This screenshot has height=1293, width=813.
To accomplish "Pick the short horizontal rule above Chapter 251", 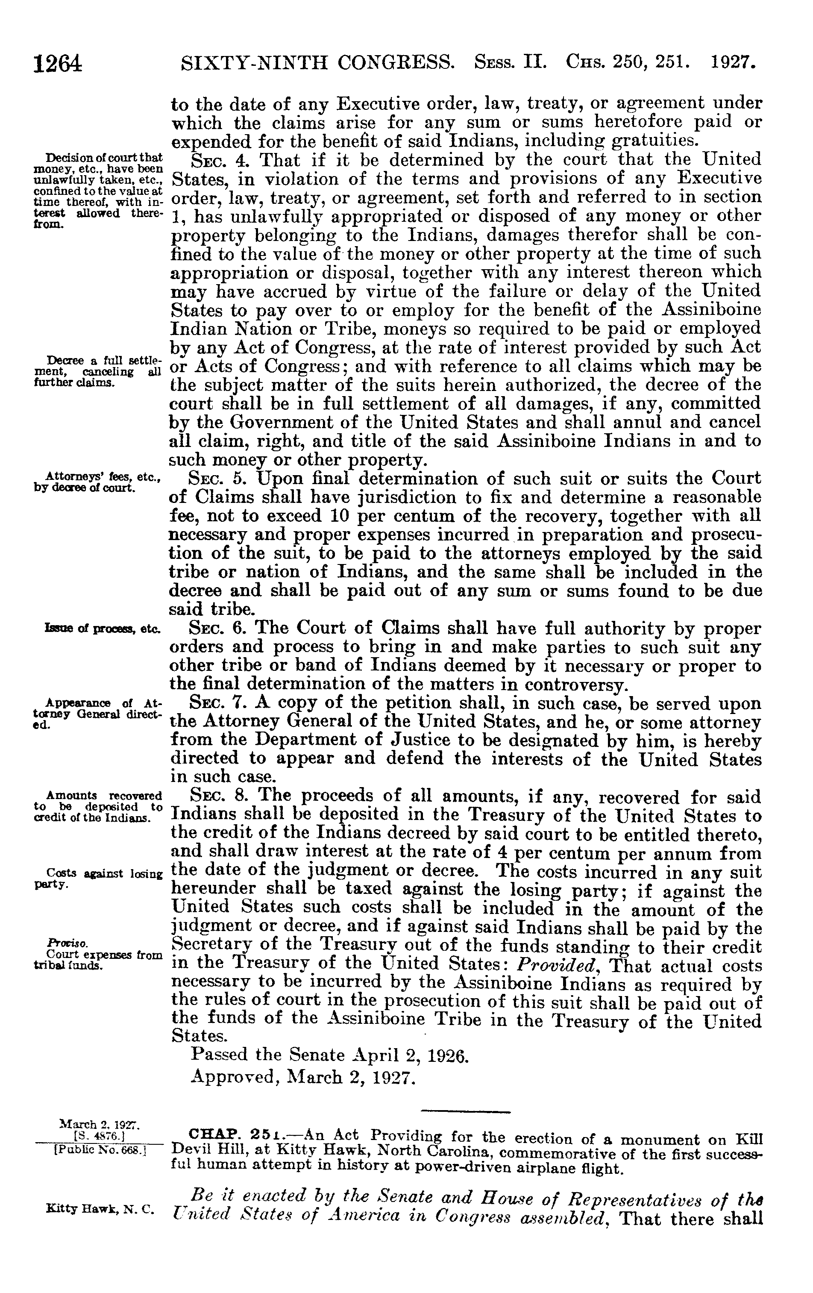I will pos(465,1110).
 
